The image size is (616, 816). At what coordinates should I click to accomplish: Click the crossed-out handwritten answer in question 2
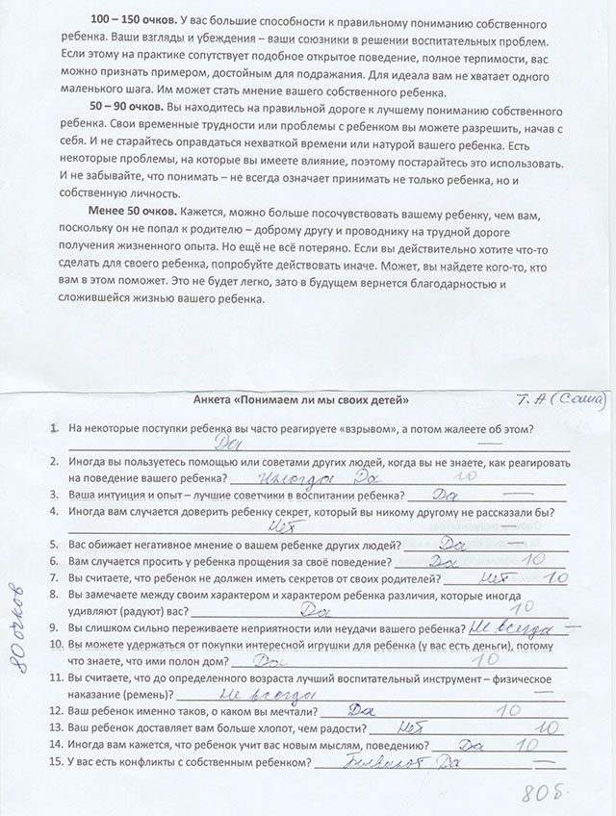point(296,476)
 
